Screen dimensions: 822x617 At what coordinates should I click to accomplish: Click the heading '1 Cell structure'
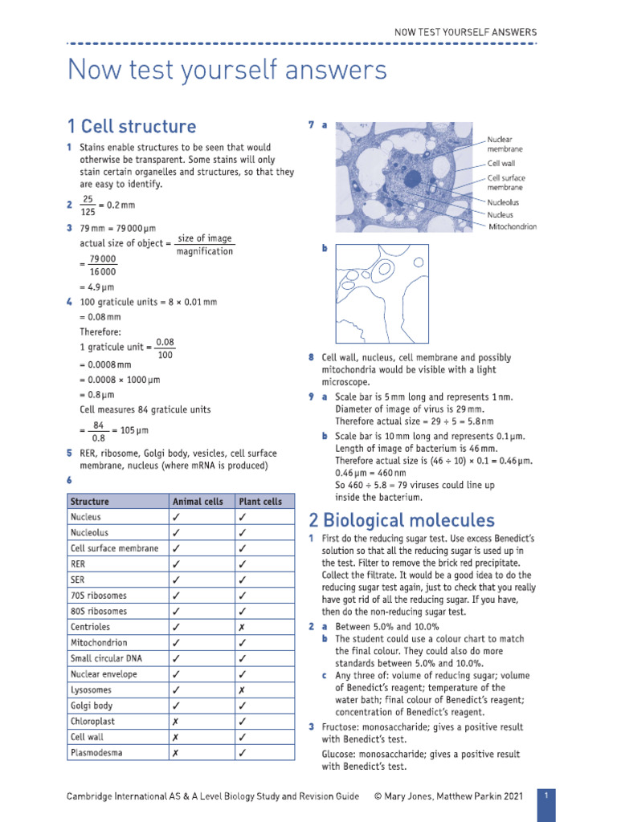point(132,127)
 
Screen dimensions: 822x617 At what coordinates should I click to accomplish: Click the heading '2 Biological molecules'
point(402,520)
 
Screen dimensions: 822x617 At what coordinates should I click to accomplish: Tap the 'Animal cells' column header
point(198,502)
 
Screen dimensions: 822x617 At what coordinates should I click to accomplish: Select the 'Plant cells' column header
point(260,502)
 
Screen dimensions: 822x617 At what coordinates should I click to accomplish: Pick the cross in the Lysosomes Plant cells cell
point(241,690)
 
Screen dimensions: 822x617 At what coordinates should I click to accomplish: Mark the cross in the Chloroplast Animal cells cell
point(175,722)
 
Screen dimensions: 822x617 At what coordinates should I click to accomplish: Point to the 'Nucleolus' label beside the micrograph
point(503,202)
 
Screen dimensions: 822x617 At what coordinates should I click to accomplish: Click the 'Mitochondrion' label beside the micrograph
point(513,227)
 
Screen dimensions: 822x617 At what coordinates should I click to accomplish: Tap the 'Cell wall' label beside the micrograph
point(501,163)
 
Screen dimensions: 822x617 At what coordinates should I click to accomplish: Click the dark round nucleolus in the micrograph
point(412,177)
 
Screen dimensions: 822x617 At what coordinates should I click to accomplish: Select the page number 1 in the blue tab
point(545,796)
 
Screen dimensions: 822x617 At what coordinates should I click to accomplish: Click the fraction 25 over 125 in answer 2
point(88,205)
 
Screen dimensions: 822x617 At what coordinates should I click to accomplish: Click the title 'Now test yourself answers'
point(227,70)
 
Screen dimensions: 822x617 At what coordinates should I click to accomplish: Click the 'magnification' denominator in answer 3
point(205,252)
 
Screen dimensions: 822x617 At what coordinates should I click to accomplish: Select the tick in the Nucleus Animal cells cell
point(175,518)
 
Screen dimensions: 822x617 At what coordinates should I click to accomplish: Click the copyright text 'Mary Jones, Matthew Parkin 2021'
point(454,796)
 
